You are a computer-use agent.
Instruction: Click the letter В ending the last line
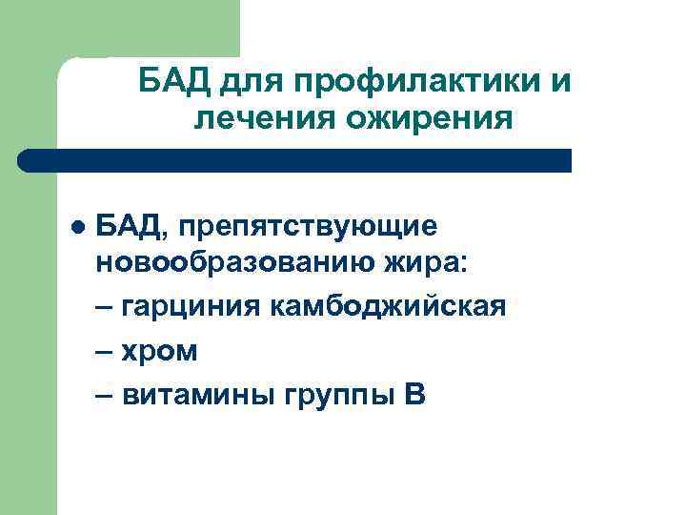415,395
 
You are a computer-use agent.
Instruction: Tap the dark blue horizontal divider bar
295,160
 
